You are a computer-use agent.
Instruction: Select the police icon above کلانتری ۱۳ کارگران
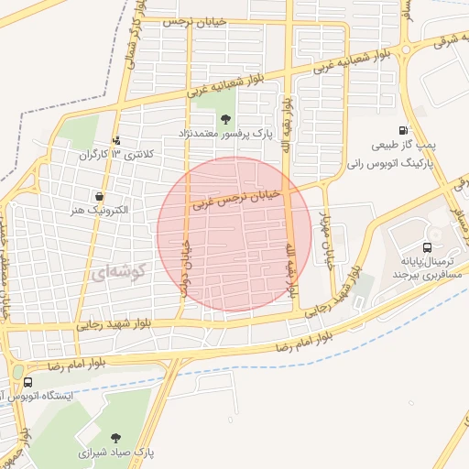click(116, 140)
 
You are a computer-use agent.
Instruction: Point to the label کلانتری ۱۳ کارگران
click(116, 155)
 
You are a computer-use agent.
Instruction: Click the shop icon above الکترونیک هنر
click(99, 195)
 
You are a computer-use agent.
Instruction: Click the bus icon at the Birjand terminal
click(428, 247)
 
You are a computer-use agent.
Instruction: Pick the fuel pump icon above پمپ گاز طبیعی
click(404, 131)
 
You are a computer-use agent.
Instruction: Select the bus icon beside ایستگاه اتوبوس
click(28, 382)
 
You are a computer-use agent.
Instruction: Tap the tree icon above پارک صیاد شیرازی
click(115, 438)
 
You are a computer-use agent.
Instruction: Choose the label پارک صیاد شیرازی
click(115, 453)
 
